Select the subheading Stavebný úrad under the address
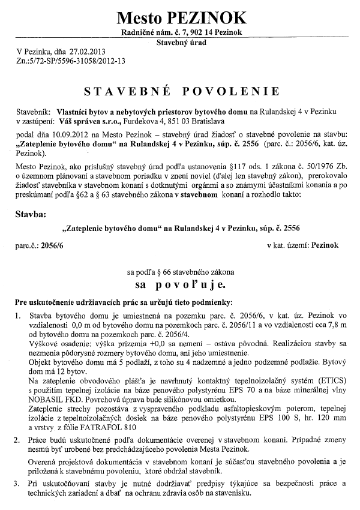pyautogui.click(x=180, y=43)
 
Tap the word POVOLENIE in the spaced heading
pyautogui.click(x=233, y=91)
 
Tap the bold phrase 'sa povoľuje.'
pyautogui.click(x=180, y=282)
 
